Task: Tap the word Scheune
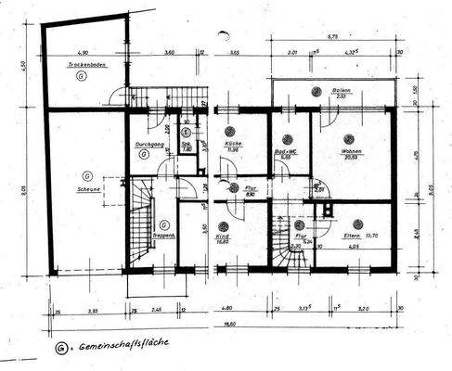click(89, 189)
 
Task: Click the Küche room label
click(233, 145)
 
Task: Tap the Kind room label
click(223, 237)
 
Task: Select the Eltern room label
click(355, 237)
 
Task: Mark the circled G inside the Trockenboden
click(82, 79)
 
